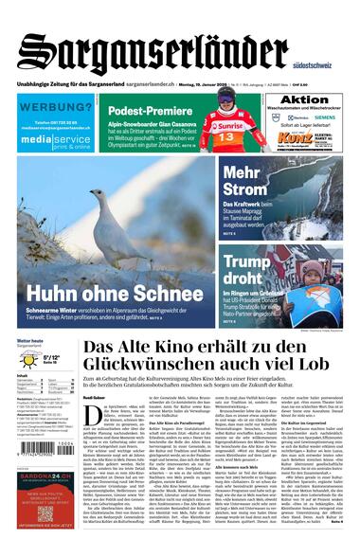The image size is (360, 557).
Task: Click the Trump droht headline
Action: click(251, 271)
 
